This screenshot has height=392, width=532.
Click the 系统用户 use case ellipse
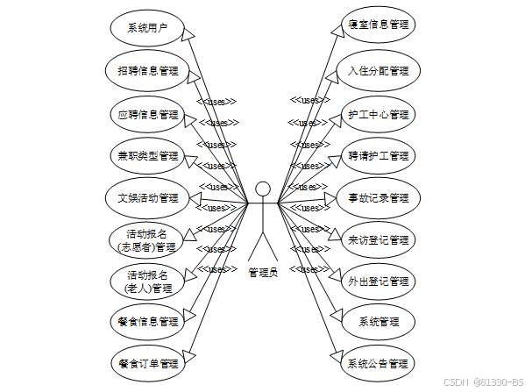click(x=146, y=28)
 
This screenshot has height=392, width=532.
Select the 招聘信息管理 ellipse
click(x=146, y=70)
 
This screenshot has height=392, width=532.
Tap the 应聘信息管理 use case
click(x=146, y=114)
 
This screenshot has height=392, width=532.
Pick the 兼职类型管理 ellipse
click(x=146, y=156)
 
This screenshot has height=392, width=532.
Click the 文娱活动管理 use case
click(x=146, y=198)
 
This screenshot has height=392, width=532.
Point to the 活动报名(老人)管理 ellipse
click(x=146, y=282)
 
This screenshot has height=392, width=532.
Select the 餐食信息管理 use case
click(x=146, y=321)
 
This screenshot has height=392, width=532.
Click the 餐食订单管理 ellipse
click(x=146, y=362)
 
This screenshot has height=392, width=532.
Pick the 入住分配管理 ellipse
click(x=378, y=70)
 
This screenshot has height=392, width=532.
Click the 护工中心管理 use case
click(x=378, y=114)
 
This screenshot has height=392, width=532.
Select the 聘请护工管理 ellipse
click(x=378, y=156)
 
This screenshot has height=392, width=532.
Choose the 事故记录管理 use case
click(x=378, y=198)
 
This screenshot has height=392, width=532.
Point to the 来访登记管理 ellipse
click(x=378, y=240)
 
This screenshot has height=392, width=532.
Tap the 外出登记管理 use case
click(x=378, y=282)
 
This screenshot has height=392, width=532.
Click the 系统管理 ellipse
click(x=378, y=321)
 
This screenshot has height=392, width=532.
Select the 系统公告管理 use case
click(x=378, y=362)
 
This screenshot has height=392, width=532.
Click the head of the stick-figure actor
click(x=262, y=189)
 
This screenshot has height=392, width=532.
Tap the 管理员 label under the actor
click(x=262, y=273)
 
